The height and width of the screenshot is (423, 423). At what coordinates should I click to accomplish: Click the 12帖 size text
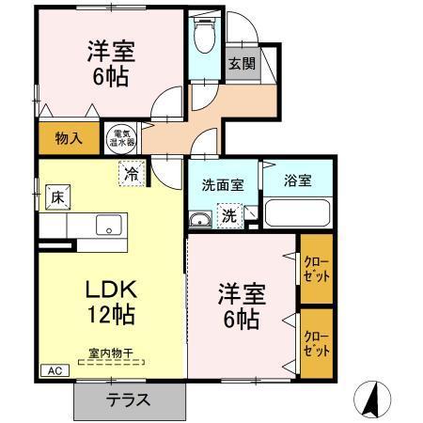[x=94, y=315]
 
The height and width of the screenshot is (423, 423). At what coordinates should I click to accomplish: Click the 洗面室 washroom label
[x=223, y=184]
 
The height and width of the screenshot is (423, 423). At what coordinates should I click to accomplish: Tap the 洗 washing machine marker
[x=229, y=215]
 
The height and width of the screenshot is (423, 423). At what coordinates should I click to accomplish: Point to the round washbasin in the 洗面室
[x=200, y=219]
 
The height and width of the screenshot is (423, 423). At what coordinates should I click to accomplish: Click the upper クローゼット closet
[x=316, y=270]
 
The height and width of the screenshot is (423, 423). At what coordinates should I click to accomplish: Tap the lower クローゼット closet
[x=316, y=344]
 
